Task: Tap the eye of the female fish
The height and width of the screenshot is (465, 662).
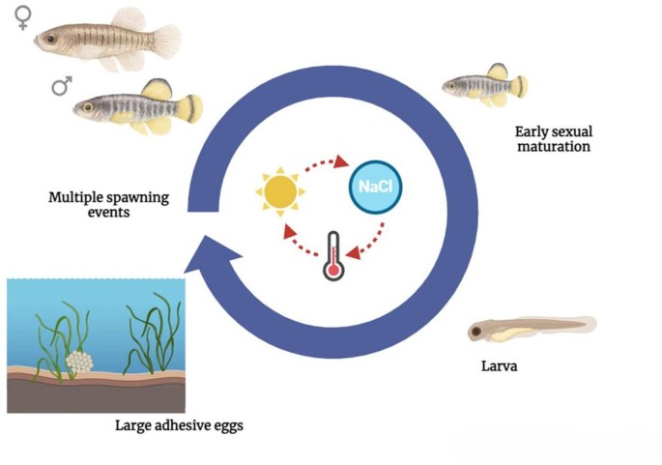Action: (47, 39)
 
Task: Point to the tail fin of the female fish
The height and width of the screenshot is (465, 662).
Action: (165, 40)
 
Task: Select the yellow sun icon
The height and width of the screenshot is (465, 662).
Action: (280, 191)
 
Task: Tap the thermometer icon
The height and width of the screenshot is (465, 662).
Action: (334, 254)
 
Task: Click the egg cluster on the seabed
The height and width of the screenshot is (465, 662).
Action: (79, 362)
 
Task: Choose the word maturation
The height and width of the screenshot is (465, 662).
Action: (553, 147)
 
